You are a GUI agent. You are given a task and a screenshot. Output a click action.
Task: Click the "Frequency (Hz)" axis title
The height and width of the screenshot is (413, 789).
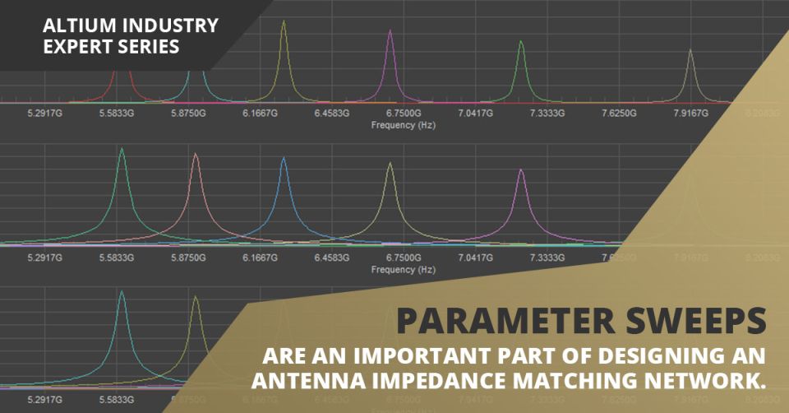(x=403, y=127)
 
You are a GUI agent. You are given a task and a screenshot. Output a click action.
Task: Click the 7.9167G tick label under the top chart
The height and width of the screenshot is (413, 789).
(x=690, y=113)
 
